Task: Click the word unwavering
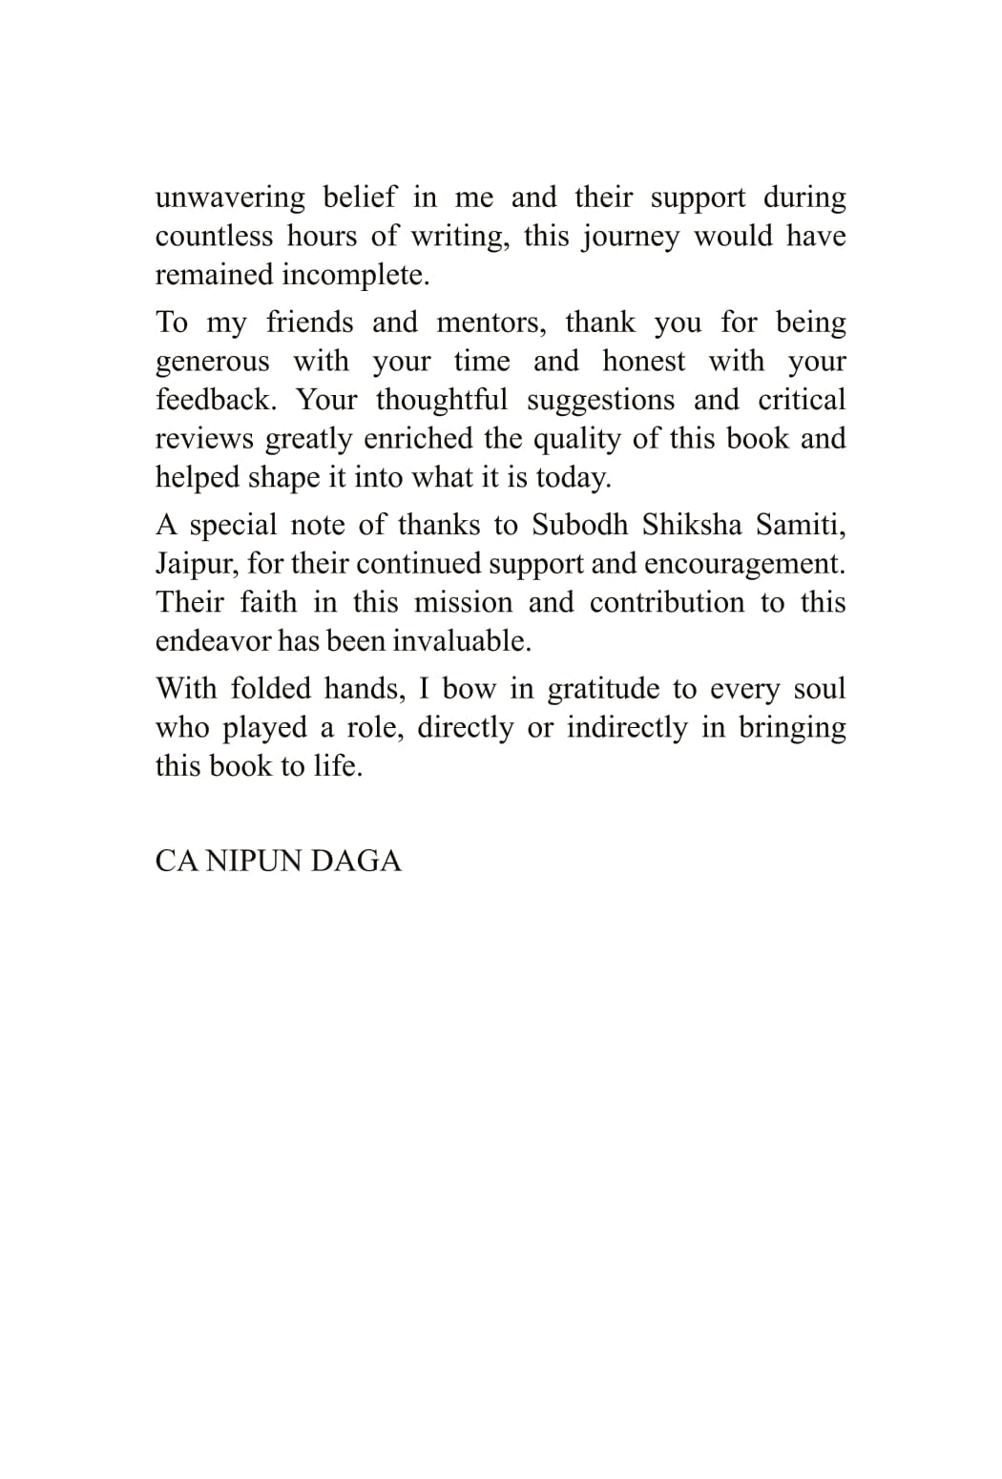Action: point(230,198)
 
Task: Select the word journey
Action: point(628,237)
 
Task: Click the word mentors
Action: point(491,323)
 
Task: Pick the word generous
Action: point(212,362)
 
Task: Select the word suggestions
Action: point(601,401)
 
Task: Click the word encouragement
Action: point(744,564)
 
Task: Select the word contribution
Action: point(666,603)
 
